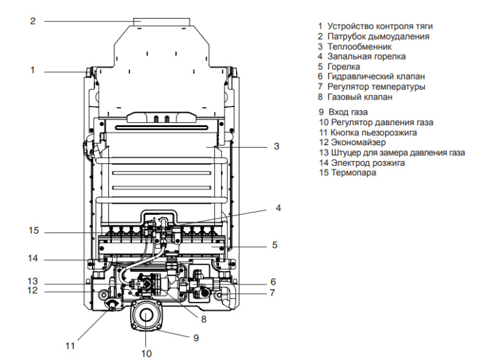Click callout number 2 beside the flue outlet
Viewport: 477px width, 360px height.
coord(33,21)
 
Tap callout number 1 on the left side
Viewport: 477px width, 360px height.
coord(33,71)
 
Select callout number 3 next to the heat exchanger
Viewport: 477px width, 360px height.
coord(276,147)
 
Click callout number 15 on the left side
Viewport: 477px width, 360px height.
coord(33,231)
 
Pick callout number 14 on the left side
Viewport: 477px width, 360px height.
coord(33,258)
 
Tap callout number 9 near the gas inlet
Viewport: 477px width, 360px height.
coord(196,337)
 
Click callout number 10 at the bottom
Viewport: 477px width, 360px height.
coord(146,353)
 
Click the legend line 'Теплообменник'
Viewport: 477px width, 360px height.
coord(358,46)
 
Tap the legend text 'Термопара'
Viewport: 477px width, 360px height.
coord(354,173)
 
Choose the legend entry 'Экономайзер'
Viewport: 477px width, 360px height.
coord(357,143)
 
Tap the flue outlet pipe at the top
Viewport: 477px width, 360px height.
coord(162,23)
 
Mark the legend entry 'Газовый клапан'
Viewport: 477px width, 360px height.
coord(359,97)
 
